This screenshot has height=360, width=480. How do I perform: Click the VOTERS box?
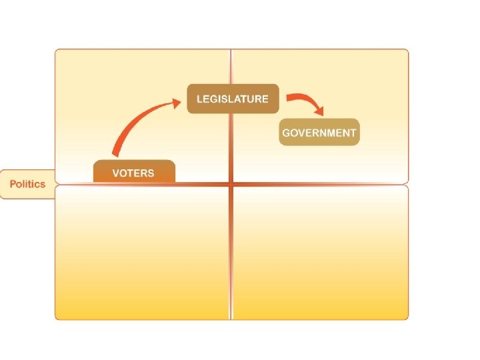(x=133, y=172)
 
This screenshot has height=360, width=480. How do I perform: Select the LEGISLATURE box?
(x=232, y=99)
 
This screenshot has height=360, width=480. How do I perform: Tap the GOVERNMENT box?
(x=319, y=132)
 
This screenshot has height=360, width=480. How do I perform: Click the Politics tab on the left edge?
(x=27, y=184)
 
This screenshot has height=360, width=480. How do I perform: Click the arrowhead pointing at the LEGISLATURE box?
(x=175, y=102)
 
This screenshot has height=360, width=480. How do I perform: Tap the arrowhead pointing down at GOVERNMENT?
(x=321, y=111)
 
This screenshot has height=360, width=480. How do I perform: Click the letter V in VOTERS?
(x=116, y=173)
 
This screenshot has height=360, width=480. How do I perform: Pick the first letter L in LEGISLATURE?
(x=199, y=99)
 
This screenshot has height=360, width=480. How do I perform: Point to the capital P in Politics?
(x=12, y=184)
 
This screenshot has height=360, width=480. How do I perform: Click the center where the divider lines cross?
(x=231, y=183)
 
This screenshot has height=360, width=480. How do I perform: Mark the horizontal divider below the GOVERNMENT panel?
(x=320, y=183)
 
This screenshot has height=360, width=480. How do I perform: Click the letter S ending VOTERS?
(x=151, y=173)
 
